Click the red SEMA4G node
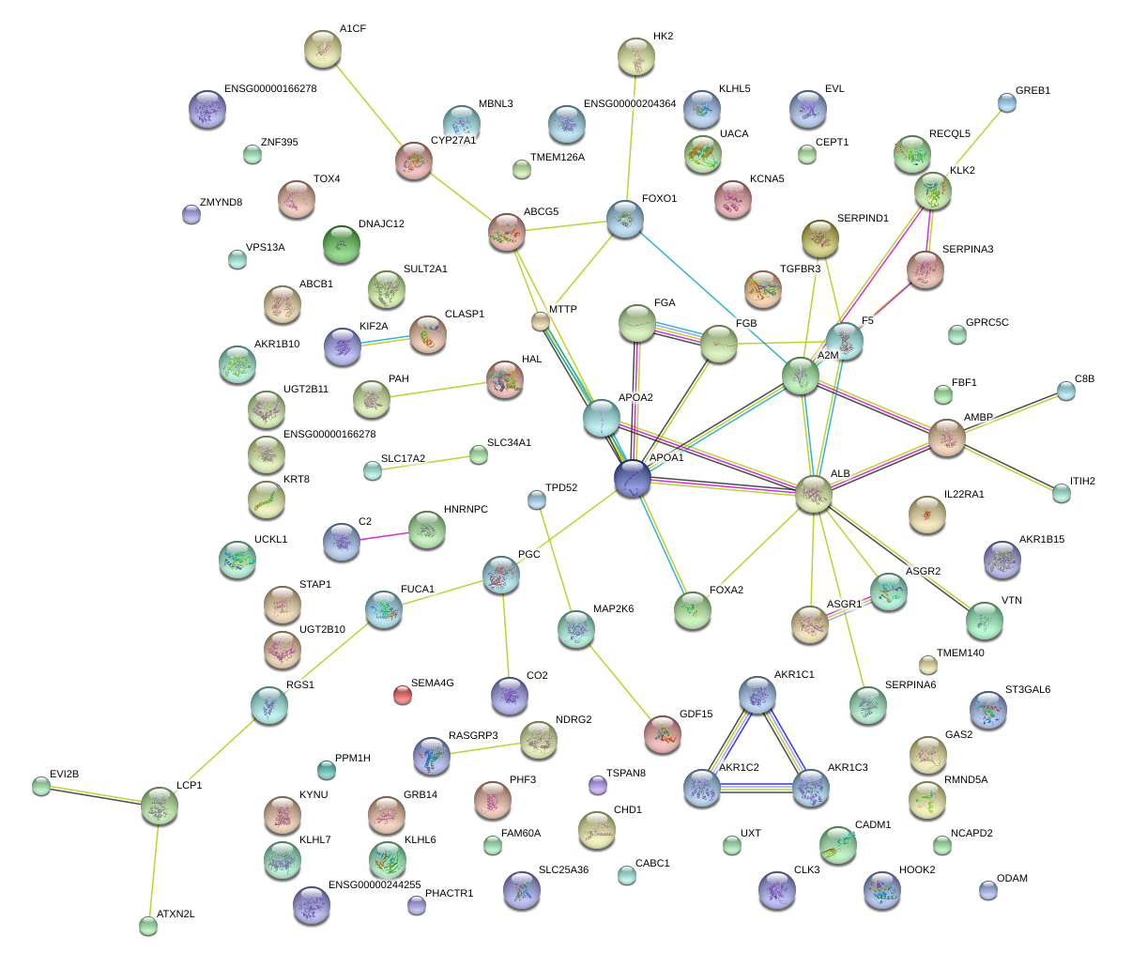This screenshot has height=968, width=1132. click(402, 695)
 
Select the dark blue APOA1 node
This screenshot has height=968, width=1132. click(633, 479)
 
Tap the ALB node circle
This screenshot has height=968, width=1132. click(813, 494)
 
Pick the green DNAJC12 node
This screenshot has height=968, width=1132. click(341, 245)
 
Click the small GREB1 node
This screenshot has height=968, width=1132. click(1006, 103)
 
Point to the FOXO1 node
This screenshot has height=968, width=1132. click(625, 219)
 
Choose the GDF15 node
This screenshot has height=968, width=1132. click(663, 734)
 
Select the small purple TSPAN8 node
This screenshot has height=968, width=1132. click(597, 784)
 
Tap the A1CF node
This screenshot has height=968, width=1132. click(323, 50)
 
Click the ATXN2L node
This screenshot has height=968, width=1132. click(148, 926)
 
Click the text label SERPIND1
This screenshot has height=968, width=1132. click(863, 219)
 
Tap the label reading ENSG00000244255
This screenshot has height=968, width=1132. click(375, 885)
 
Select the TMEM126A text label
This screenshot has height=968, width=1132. click(557, 158)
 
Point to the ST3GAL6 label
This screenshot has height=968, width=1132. click(1027, 690)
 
